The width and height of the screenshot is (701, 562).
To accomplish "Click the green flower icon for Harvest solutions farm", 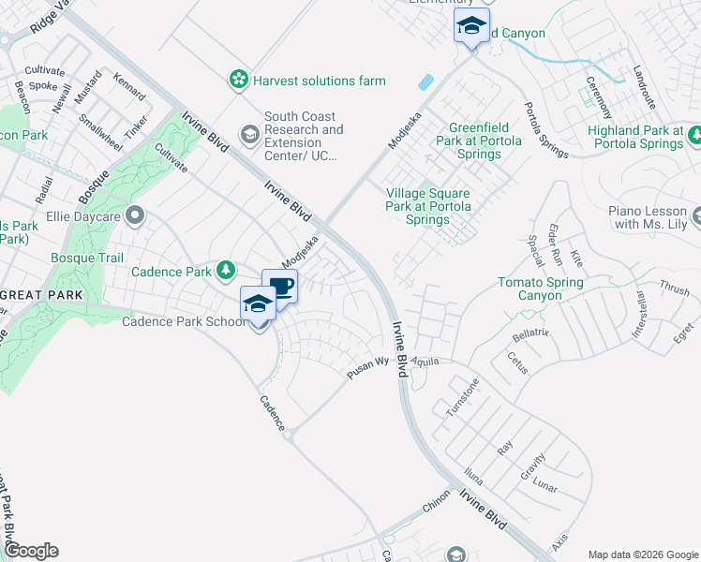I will pyautogui.click(x=240, y=81).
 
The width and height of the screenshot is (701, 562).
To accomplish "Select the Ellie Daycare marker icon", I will pyautogui.click(x=136, y=216).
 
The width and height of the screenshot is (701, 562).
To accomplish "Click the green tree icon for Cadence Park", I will pyautogui.click(x=225, y=271).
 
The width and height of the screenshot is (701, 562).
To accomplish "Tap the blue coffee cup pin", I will pyautogui.click(x=279, y=285).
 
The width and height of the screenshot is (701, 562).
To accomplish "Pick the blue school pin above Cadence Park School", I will pyautogui.click(x=259, y=303).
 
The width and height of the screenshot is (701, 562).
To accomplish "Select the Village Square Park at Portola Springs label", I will pyautogui.click(x=428, y=206).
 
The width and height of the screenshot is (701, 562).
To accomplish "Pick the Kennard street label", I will pyautogui.click(x=129, y=87).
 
